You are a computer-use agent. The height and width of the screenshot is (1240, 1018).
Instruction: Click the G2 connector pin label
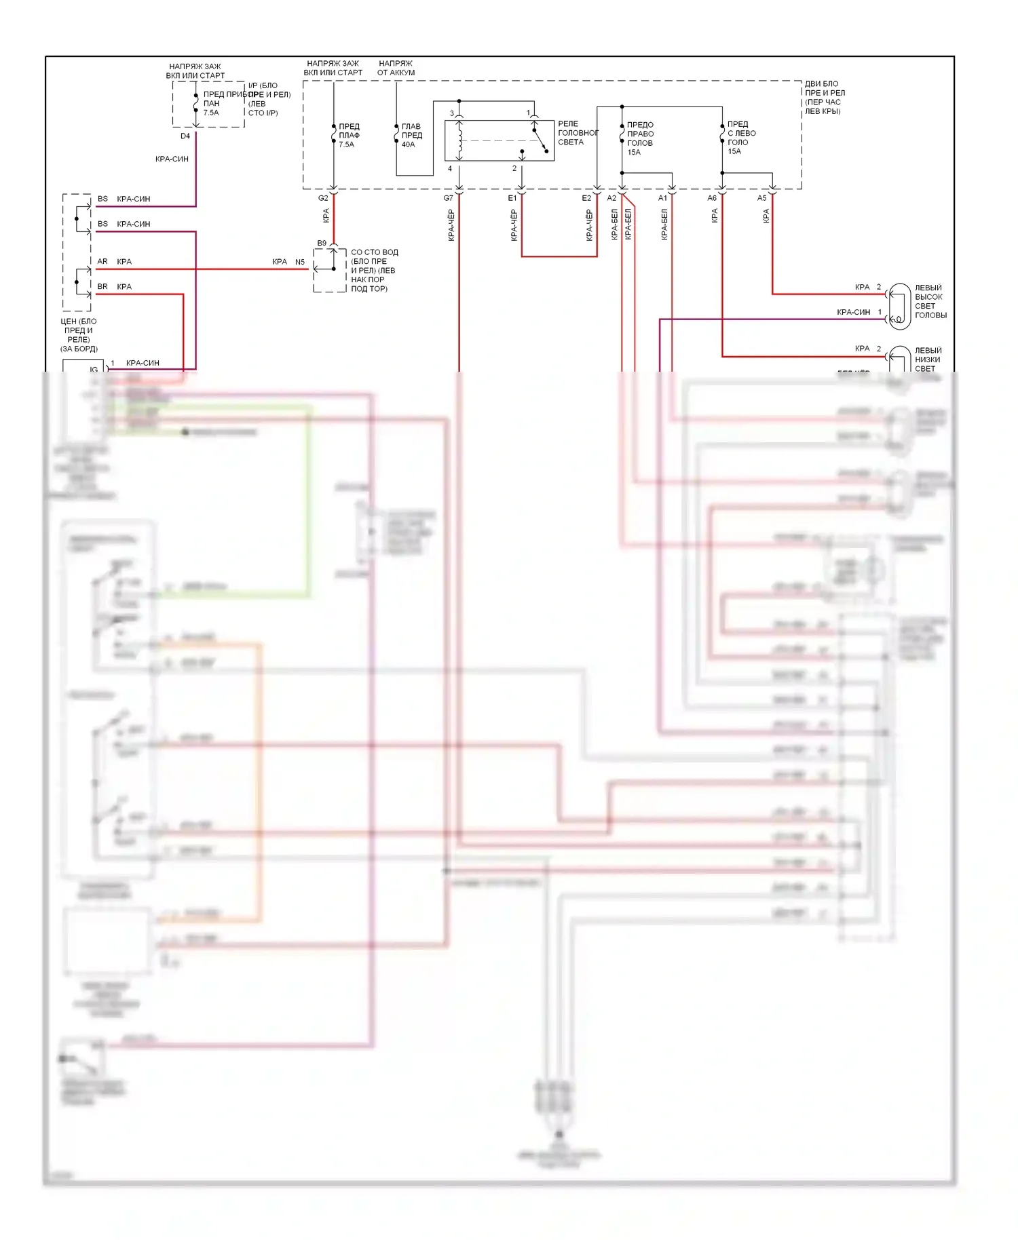323,198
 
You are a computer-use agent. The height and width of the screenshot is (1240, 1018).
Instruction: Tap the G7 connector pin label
448,198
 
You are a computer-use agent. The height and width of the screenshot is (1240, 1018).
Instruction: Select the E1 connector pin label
512,198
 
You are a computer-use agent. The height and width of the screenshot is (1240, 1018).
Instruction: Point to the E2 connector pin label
586,198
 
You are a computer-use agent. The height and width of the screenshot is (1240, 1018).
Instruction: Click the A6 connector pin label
712,198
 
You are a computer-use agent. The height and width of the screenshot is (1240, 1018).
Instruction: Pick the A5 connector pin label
762,198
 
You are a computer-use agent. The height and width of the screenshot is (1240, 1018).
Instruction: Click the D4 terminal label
185,136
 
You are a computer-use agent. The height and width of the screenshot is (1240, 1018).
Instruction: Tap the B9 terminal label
322,243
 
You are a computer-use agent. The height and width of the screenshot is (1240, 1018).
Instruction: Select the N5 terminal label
300,262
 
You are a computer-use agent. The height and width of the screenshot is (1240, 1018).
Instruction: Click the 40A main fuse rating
408,144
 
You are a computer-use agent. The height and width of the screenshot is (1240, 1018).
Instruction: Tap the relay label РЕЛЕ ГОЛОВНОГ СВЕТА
577,133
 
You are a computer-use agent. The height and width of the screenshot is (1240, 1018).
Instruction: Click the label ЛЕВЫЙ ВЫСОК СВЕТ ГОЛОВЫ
930,301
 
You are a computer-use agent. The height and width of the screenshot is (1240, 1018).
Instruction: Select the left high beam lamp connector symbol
899,307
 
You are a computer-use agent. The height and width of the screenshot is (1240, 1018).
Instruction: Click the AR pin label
102,261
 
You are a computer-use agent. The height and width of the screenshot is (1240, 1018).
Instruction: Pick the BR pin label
102,286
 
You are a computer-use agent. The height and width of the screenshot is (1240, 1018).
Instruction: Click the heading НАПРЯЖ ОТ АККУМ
396,68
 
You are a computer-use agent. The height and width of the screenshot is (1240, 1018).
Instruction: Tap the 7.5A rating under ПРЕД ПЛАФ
346,144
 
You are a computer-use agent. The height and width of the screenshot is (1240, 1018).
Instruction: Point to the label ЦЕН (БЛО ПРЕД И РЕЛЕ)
79,330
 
